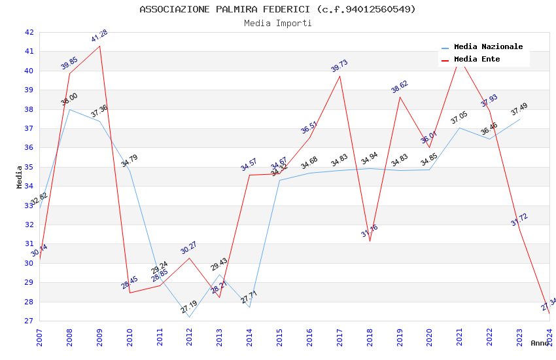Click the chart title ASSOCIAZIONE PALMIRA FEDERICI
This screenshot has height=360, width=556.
pyautogui.click(x=277, y=9)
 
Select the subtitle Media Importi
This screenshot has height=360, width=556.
pyautogui.click(x=277, y=24)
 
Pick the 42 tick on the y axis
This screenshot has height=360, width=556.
pyautogui.click(x=29, y=32)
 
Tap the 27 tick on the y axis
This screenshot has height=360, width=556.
pyautogui.click(x=29, y=321)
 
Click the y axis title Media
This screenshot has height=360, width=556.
pyautogui.click(x=20, y=177)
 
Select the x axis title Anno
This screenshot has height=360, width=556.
pyautogui.click(x=540, y=343)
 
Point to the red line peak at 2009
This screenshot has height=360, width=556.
pyautogui.click(x=99, y=46)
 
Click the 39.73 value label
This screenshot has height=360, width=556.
pyautogui.click(x=339, y=66)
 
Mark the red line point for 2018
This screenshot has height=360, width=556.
pyautogui.click(x=370, y=241)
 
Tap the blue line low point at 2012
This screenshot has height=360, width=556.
pyautogui.click(x=190, y=317)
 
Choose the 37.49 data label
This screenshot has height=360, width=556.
pyautogui.click(x=519, y=109)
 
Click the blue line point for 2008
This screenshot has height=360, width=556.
pyautogui.click(x=69, y=109)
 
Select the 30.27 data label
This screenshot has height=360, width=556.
pyautogui.click(x=189, y=247)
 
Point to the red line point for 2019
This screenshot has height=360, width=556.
pyautogui.click(x=400, y=97)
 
